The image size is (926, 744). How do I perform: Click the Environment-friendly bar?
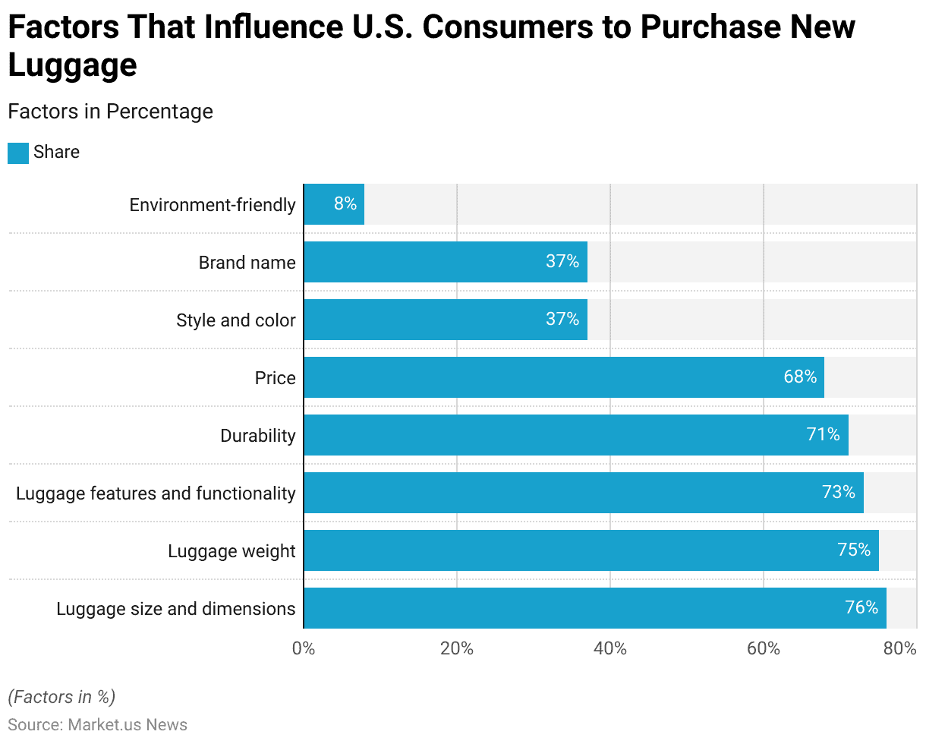334,204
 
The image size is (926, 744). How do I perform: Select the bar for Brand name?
446,262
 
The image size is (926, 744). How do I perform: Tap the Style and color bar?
446,320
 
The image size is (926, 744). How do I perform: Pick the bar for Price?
564,377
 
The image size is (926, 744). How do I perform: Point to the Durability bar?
576,435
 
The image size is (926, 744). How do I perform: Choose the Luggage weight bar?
591,550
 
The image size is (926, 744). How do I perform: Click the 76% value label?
861,608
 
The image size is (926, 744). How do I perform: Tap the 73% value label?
839,493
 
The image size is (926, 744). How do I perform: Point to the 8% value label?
345,204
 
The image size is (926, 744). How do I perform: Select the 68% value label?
800,377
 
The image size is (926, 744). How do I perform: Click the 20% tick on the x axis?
457,649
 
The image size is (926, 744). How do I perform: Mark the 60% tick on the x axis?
764,649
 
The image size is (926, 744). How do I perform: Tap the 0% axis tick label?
304,649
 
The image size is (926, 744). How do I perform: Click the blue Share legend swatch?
18,153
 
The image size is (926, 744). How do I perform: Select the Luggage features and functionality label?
156,493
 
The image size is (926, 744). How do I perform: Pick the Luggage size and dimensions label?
176,609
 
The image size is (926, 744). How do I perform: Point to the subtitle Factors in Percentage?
110,112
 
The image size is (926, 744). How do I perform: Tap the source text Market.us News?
128,725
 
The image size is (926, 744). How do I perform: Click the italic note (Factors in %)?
61,697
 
